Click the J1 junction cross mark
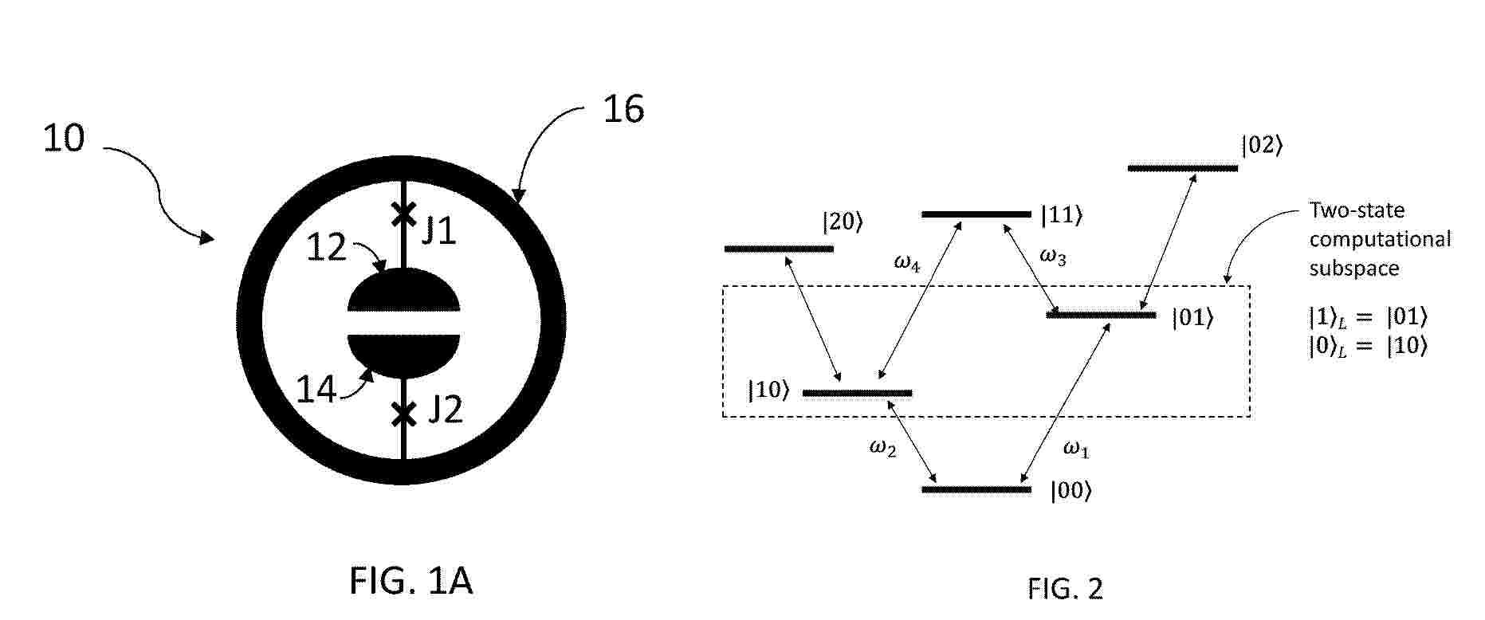(403, 213)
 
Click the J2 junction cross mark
(403, 414)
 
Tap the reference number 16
(623, 109)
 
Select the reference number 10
(63, 139)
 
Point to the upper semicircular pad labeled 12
(404, 290)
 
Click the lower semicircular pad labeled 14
(404, 356)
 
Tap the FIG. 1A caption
(411, 581)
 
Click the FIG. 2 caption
(1065, 589)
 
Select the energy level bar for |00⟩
(976, 489)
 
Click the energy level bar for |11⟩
(976, 214)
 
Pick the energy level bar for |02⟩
(1183, 168)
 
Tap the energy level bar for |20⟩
(779, 249)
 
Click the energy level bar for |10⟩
(857, 393)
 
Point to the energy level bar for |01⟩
(1101, 316)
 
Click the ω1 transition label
(1076, 449)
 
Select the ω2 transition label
(882, 449)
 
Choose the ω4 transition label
(907, 264)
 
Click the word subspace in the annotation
(1354, 269)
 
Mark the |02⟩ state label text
(1262, 146)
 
